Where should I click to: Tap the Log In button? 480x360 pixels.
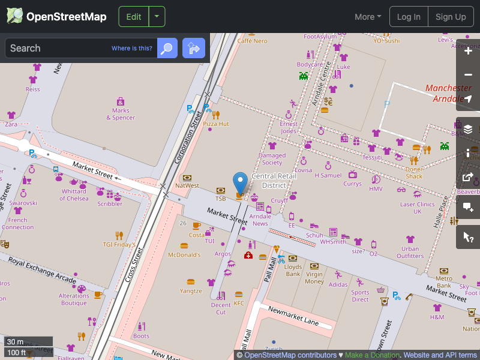[x=409, y=17]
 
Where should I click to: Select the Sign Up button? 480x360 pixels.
[x=451, y=17]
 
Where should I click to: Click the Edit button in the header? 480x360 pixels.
[x=134, y=17]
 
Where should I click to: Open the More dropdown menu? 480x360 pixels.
[x=368, y=17]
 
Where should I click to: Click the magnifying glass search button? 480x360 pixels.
[x=167, y=48]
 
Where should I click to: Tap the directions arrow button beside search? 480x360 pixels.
[x=194, y=48]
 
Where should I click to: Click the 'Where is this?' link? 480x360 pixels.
[x=132, y=49]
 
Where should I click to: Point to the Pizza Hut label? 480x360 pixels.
[x=216, y=124]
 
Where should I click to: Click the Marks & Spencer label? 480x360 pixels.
[x=121, y=114]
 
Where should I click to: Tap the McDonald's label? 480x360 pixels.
[x=184, y=255]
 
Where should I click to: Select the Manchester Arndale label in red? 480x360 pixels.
[x=448, y=94]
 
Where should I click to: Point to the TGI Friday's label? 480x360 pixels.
[x=119, y=245]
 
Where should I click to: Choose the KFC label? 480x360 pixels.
[x=239, y=303]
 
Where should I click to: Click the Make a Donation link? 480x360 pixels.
[x=372, y=355]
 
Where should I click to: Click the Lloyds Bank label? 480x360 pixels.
[x=293, y=270]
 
